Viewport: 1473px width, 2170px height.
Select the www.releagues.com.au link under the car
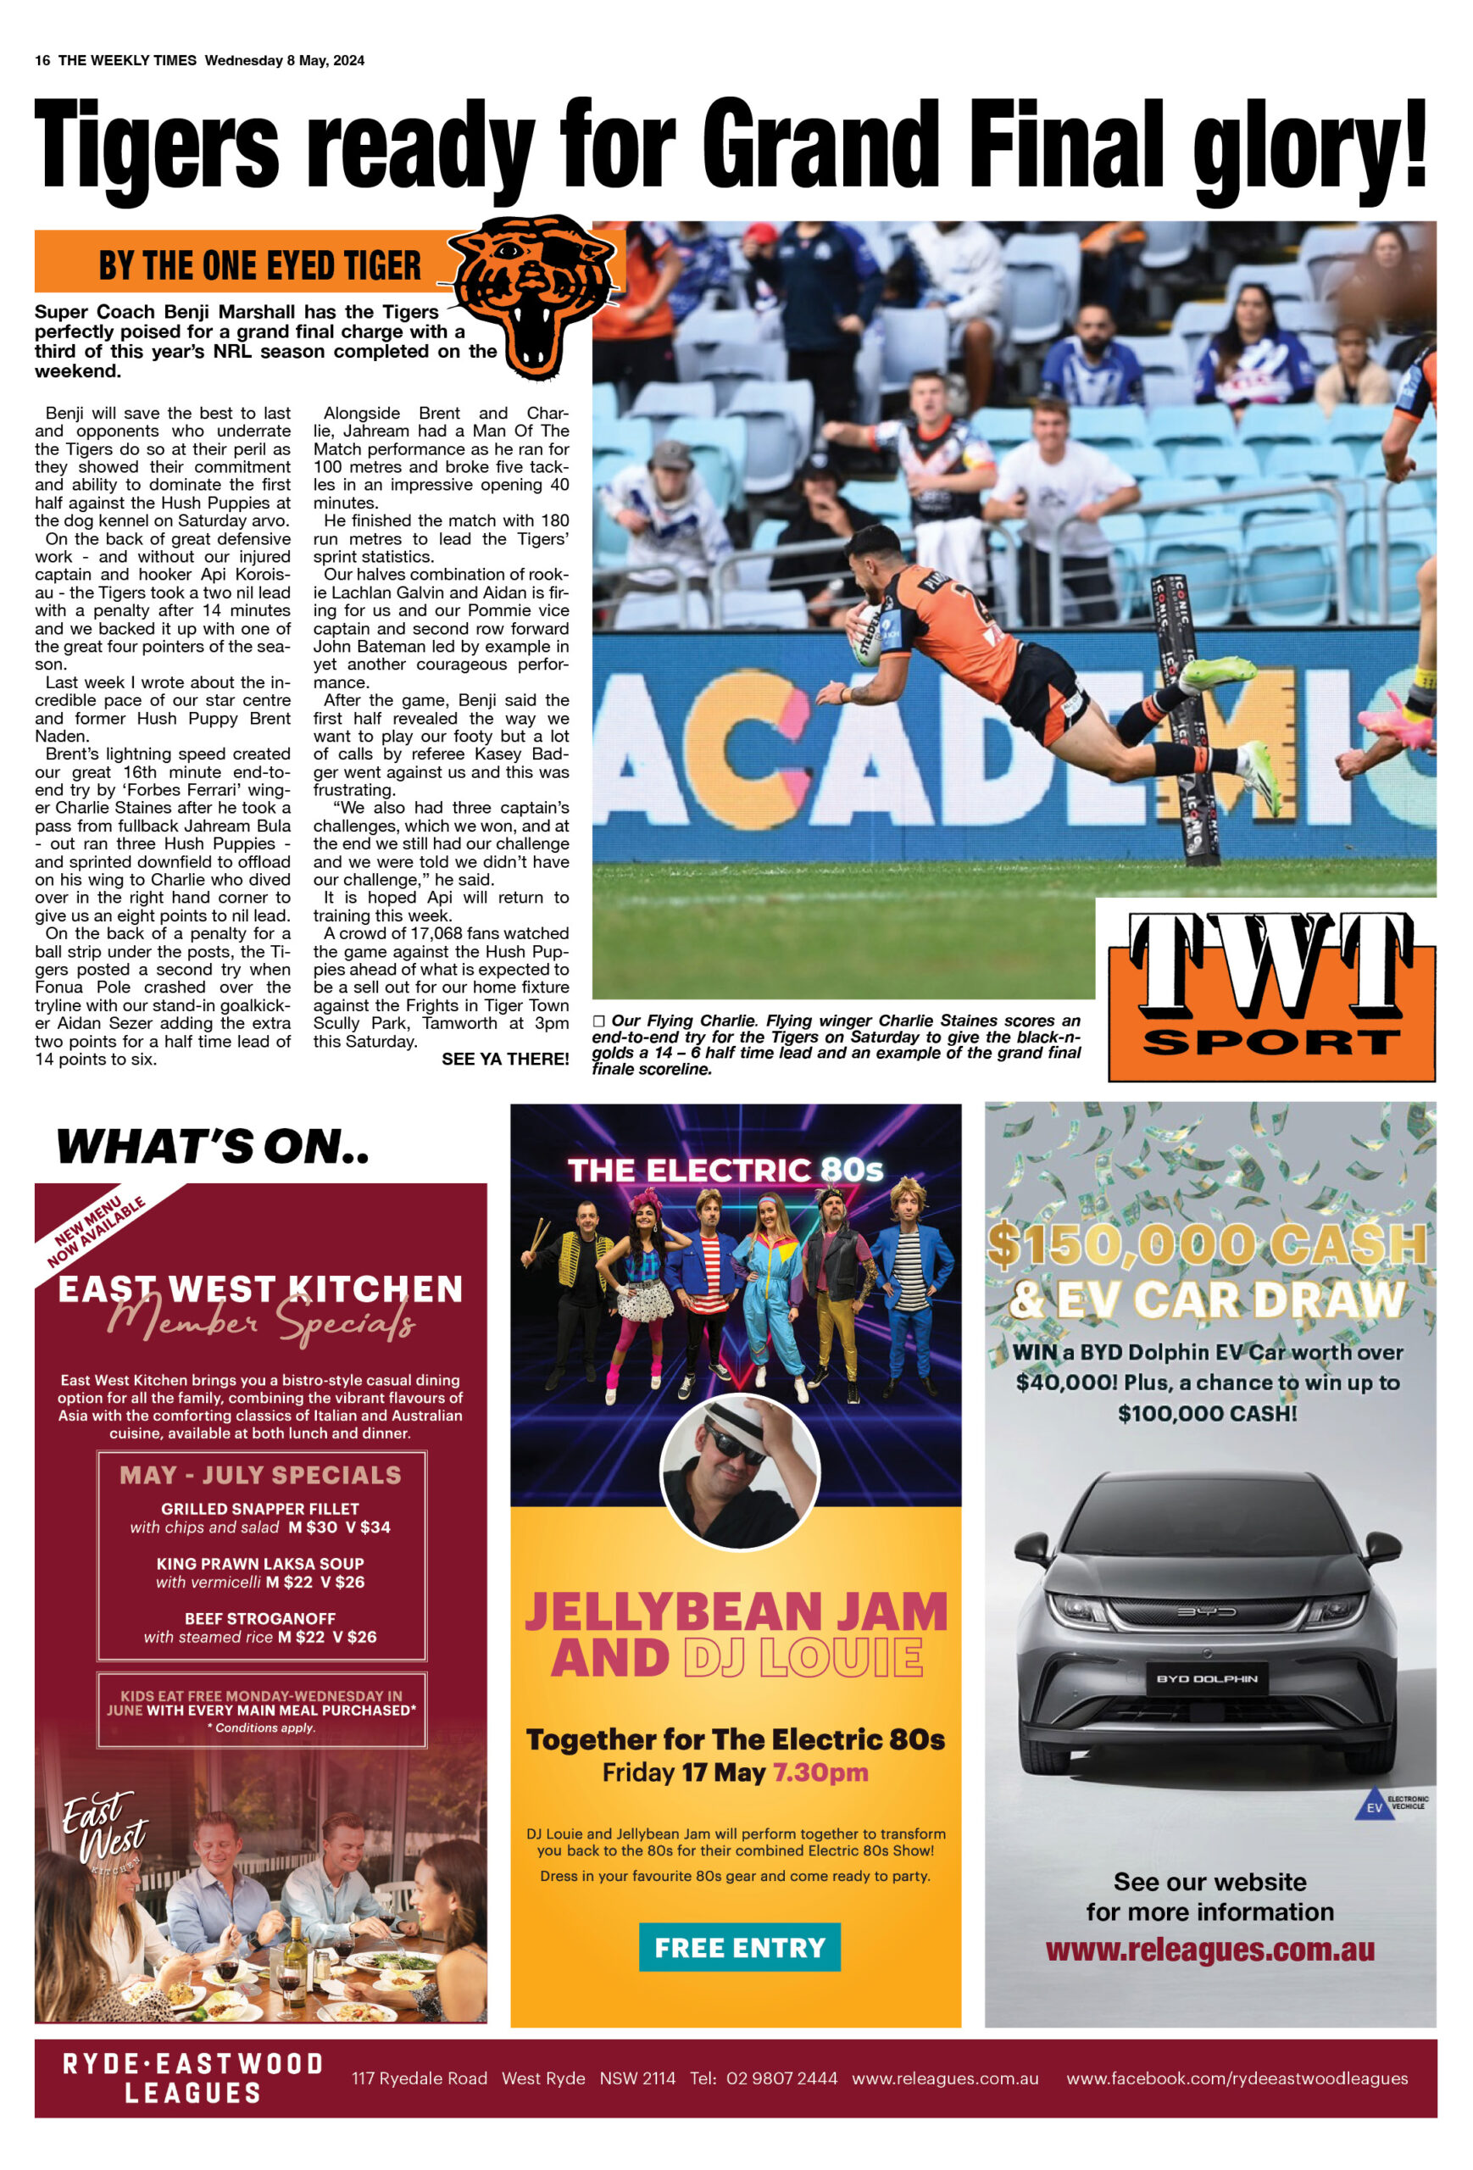tap(1209, 1950)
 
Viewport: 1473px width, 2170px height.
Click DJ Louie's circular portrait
tap(739, 1472)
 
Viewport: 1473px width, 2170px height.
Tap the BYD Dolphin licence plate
tap(1207, 1678)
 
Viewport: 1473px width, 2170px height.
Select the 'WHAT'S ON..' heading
tap(213, 1147)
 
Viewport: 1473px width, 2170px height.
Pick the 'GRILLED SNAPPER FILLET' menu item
tap(259, 1508)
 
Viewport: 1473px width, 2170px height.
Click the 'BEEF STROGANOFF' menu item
tap(259, 1618)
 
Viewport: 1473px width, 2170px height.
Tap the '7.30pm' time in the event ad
tap(820, 1772)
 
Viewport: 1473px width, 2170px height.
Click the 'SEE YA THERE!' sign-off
tap(505, 1059)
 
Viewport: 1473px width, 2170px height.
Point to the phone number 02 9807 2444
tap(781, 2078)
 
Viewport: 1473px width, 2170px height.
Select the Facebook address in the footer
tap(1237, 2078)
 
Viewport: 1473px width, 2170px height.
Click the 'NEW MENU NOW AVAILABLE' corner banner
tap(96, 1232)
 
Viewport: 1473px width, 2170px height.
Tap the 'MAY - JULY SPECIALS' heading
tap(260, 1474)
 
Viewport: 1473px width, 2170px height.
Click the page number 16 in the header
tap(42, 61)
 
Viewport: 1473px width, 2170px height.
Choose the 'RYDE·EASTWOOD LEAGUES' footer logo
tap(193, 2078)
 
